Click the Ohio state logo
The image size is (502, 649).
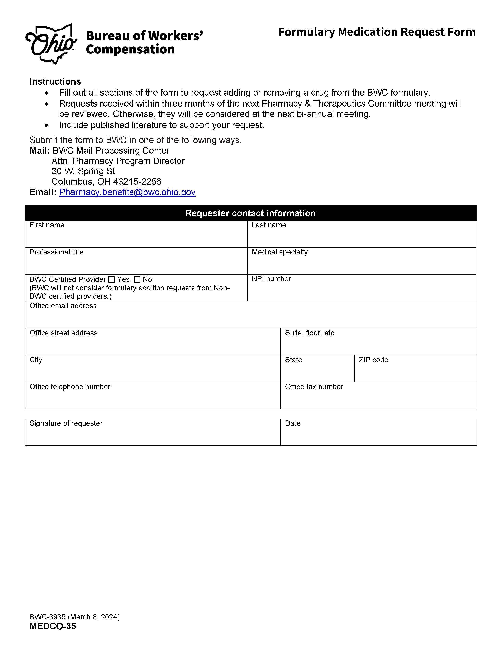pos(51,44)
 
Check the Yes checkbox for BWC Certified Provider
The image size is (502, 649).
pos(111,280)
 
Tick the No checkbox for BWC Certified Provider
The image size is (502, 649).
pos(137,280)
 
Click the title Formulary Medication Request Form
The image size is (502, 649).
pos(377,32)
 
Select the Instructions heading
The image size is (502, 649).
pos(55,81)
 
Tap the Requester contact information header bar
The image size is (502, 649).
pos(250,213)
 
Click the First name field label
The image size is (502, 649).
pos(47,225)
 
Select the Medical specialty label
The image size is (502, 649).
pos(280,252)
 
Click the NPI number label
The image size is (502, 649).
pos(271,279)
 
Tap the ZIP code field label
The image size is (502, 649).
pos(373,360)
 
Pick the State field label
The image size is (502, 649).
pos(293,360)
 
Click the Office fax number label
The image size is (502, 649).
pos(314,387)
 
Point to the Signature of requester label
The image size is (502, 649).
pos(66,423)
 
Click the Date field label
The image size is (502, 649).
pos(292,423)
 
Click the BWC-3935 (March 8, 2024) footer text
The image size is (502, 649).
pos(74,617)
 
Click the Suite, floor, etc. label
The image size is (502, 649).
pos(310,333)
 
